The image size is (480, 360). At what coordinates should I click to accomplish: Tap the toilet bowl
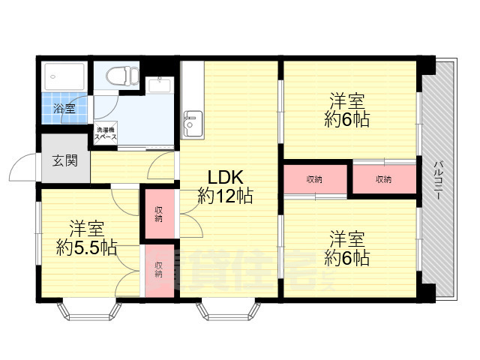pos(119,76)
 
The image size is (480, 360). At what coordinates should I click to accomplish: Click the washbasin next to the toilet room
pos(159,85)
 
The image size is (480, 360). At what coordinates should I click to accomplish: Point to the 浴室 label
pos(64,109)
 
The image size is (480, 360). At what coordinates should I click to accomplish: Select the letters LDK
pos(225,178)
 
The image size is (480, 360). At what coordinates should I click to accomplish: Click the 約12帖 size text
pos(225,196)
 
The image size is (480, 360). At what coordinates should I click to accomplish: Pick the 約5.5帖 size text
pos(87,247)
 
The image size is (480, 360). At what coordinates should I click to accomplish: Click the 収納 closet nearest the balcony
pos(384,179)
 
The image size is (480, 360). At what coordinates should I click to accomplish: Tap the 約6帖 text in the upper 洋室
pos(346,120)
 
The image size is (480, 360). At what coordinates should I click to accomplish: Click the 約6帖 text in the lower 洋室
pos(346,258)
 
